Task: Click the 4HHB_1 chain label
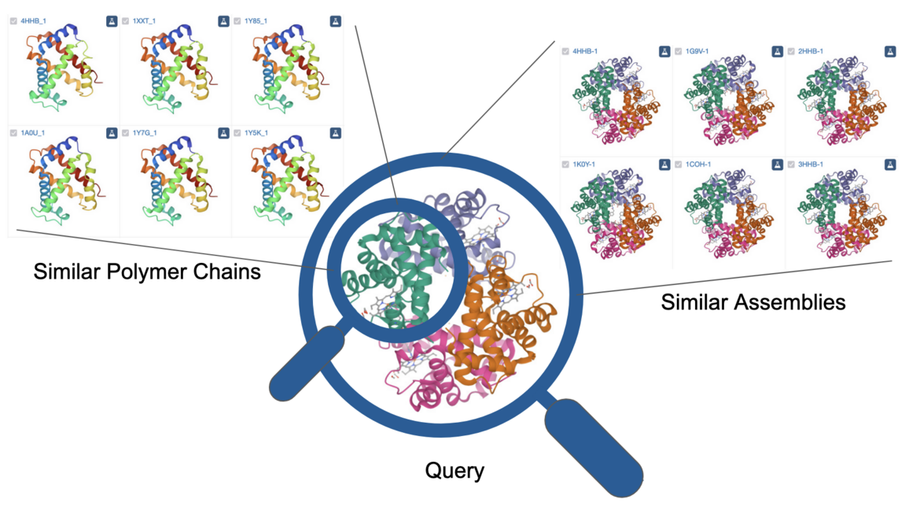point(34,21)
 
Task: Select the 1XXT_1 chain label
point(145,21)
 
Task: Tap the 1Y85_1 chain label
point(256,21)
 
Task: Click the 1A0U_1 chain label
point(34,133)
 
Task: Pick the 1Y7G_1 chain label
point(145,133)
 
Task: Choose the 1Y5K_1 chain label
point(256,133)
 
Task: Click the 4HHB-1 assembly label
point(585,52)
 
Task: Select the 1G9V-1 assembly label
point(697,52)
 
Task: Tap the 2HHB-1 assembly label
point(810,52)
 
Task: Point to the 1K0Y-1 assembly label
point(585,165)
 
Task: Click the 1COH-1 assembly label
point(697,165)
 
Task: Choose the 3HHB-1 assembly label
point(810,165)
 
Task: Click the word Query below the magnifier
point(454,471)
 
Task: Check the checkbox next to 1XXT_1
point(126,21)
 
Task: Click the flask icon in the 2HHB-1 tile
point(890,52)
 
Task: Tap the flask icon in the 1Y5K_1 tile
point(336,133)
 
